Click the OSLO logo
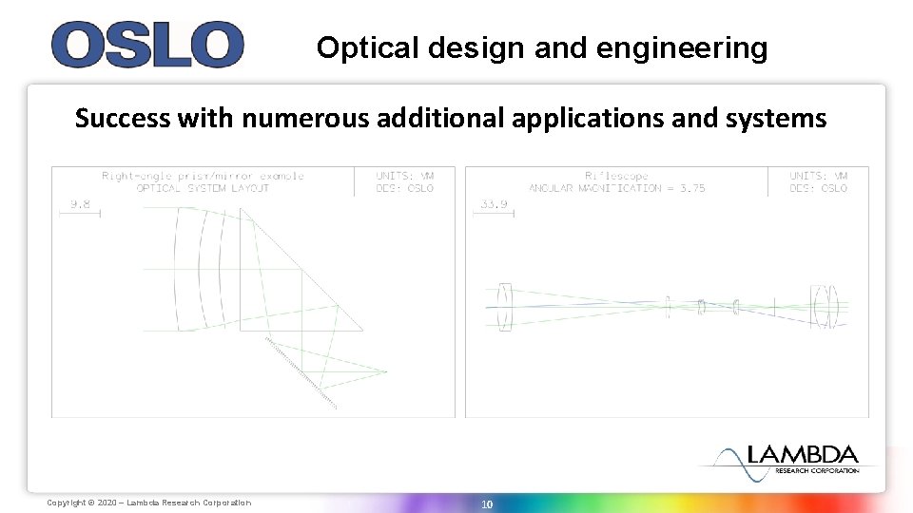click(147, 45)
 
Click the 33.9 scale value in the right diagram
click(493, 203)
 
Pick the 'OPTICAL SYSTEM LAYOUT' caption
click(203, 188)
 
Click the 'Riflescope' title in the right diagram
click(616, 176)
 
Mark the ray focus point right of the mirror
click(386, 370)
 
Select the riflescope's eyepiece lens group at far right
click(825, 307)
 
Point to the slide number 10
click(486, 504)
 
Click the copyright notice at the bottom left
click(149, 503)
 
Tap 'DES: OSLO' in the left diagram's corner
click(405, 188)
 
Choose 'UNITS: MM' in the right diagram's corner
click(819, 176)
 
